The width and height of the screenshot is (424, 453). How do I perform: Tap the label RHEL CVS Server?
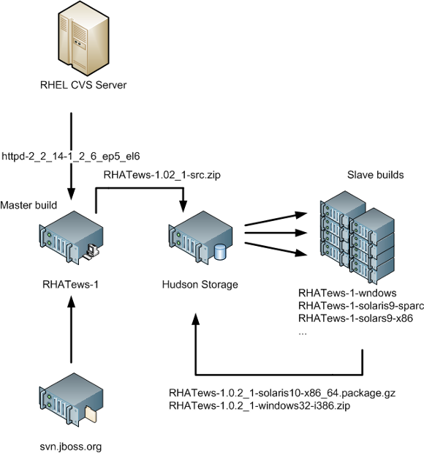pyautogui.click(x=83, y=85)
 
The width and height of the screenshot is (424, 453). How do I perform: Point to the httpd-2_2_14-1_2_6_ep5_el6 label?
pyautogui.click(x=71, y=157)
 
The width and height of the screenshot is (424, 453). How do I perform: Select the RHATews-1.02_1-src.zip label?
pyautogui.click(x=162, y=175)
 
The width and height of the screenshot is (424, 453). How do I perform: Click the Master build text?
pyautogui.click(x=29, y=205)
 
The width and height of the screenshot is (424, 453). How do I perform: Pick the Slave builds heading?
pyautogui.click(x=375, y=175)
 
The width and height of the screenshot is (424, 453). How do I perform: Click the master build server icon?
pyautogui.click(x=72, y=237)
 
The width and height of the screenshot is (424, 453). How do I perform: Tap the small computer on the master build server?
pyautogui.click(x=92, y=252)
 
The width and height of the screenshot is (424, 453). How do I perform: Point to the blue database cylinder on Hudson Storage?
pyautogui.click(x=221, y=252)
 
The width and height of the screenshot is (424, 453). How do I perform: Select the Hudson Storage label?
pyautogui.click(x=200, y=285)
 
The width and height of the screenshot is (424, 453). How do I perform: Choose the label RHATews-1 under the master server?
pyautogui.click(x=70, y=285)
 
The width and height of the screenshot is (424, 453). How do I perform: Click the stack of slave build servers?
pyautogui.click(x=357, y=238)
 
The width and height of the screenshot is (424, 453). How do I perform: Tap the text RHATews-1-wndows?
pyautogui.click(x=347, y=293)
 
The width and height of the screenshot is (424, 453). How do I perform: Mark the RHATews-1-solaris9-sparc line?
pyautogui.click(x=361, y=306)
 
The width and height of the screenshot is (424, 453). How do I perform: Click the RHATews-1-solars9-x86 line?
pyautogui.click(x=355, y=318)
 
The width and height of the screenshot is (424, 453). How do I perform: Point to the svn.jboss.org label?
pyautogui.click(x=71, y=446)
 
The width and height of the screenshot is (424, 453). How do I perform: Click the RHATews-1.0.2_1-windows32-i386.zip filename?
pyautogui.click(x=260, y=405)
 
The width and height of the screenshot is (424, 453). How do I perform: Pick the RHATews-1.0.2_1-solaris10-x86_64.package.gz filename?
pyautogui.click(x=282, y=393)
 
